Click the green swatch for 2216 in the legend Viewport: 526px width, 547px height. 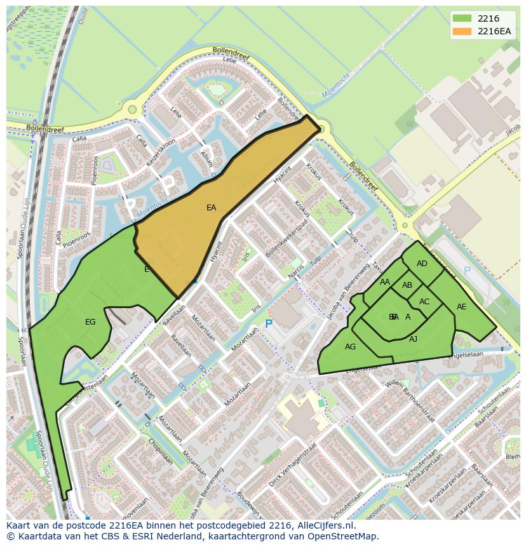click(462, 18)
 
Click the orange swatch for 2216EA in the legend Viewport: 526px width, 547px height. click(462, 31)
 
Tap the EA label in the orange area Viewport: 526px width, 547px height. click(212, 207)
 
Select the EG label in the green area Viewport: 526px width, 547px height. click(90, 322)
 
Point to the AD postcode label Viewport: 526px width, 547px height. click(422, 264)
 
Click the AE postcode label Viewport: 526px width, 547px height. click(462, 307)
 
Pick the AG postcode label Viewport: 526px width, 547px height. click(350, 347)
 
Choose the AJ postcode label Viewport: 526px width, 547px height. click(413, 339)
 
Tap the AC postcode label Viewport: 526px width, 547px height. click(424, 302)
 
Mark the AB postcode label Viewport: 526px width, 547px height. click(407, 285)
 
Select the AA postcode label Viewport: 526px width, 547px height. click(385, 282)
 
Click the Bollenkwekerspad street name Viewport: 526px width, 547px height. click(287, 241)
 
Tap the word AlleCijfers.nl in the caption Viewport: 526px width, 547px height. click(323, 525)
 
